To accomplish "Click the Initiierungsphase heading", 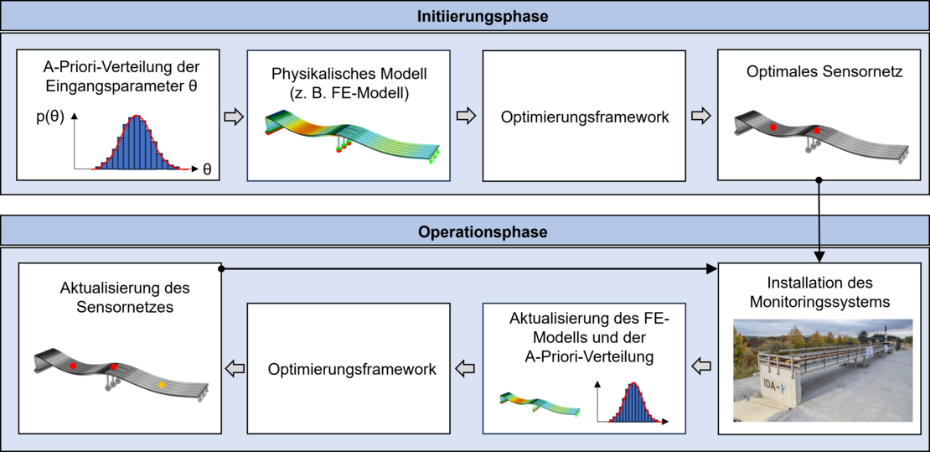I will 465,15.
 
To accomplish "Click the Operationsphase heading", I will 465,231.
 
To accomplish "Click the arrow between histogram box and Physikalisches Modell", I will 235,117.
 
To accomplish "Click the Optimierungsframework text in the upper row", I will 585,117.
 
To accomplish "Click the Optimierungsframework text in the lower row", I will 352,368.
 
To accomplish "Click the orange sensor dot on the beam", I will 162,384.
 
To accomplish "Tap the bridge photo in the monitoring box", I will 823,369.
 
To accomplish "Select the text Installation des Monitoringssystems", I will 823,290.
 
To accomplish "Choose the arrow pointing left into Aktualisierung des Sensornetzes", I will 235,367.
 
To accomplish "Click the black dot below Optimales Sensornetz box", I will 819,180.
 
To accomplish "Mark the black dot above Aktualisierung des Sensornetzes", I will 220,269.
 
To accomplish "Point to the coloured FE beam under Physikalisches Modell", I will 352,134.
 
